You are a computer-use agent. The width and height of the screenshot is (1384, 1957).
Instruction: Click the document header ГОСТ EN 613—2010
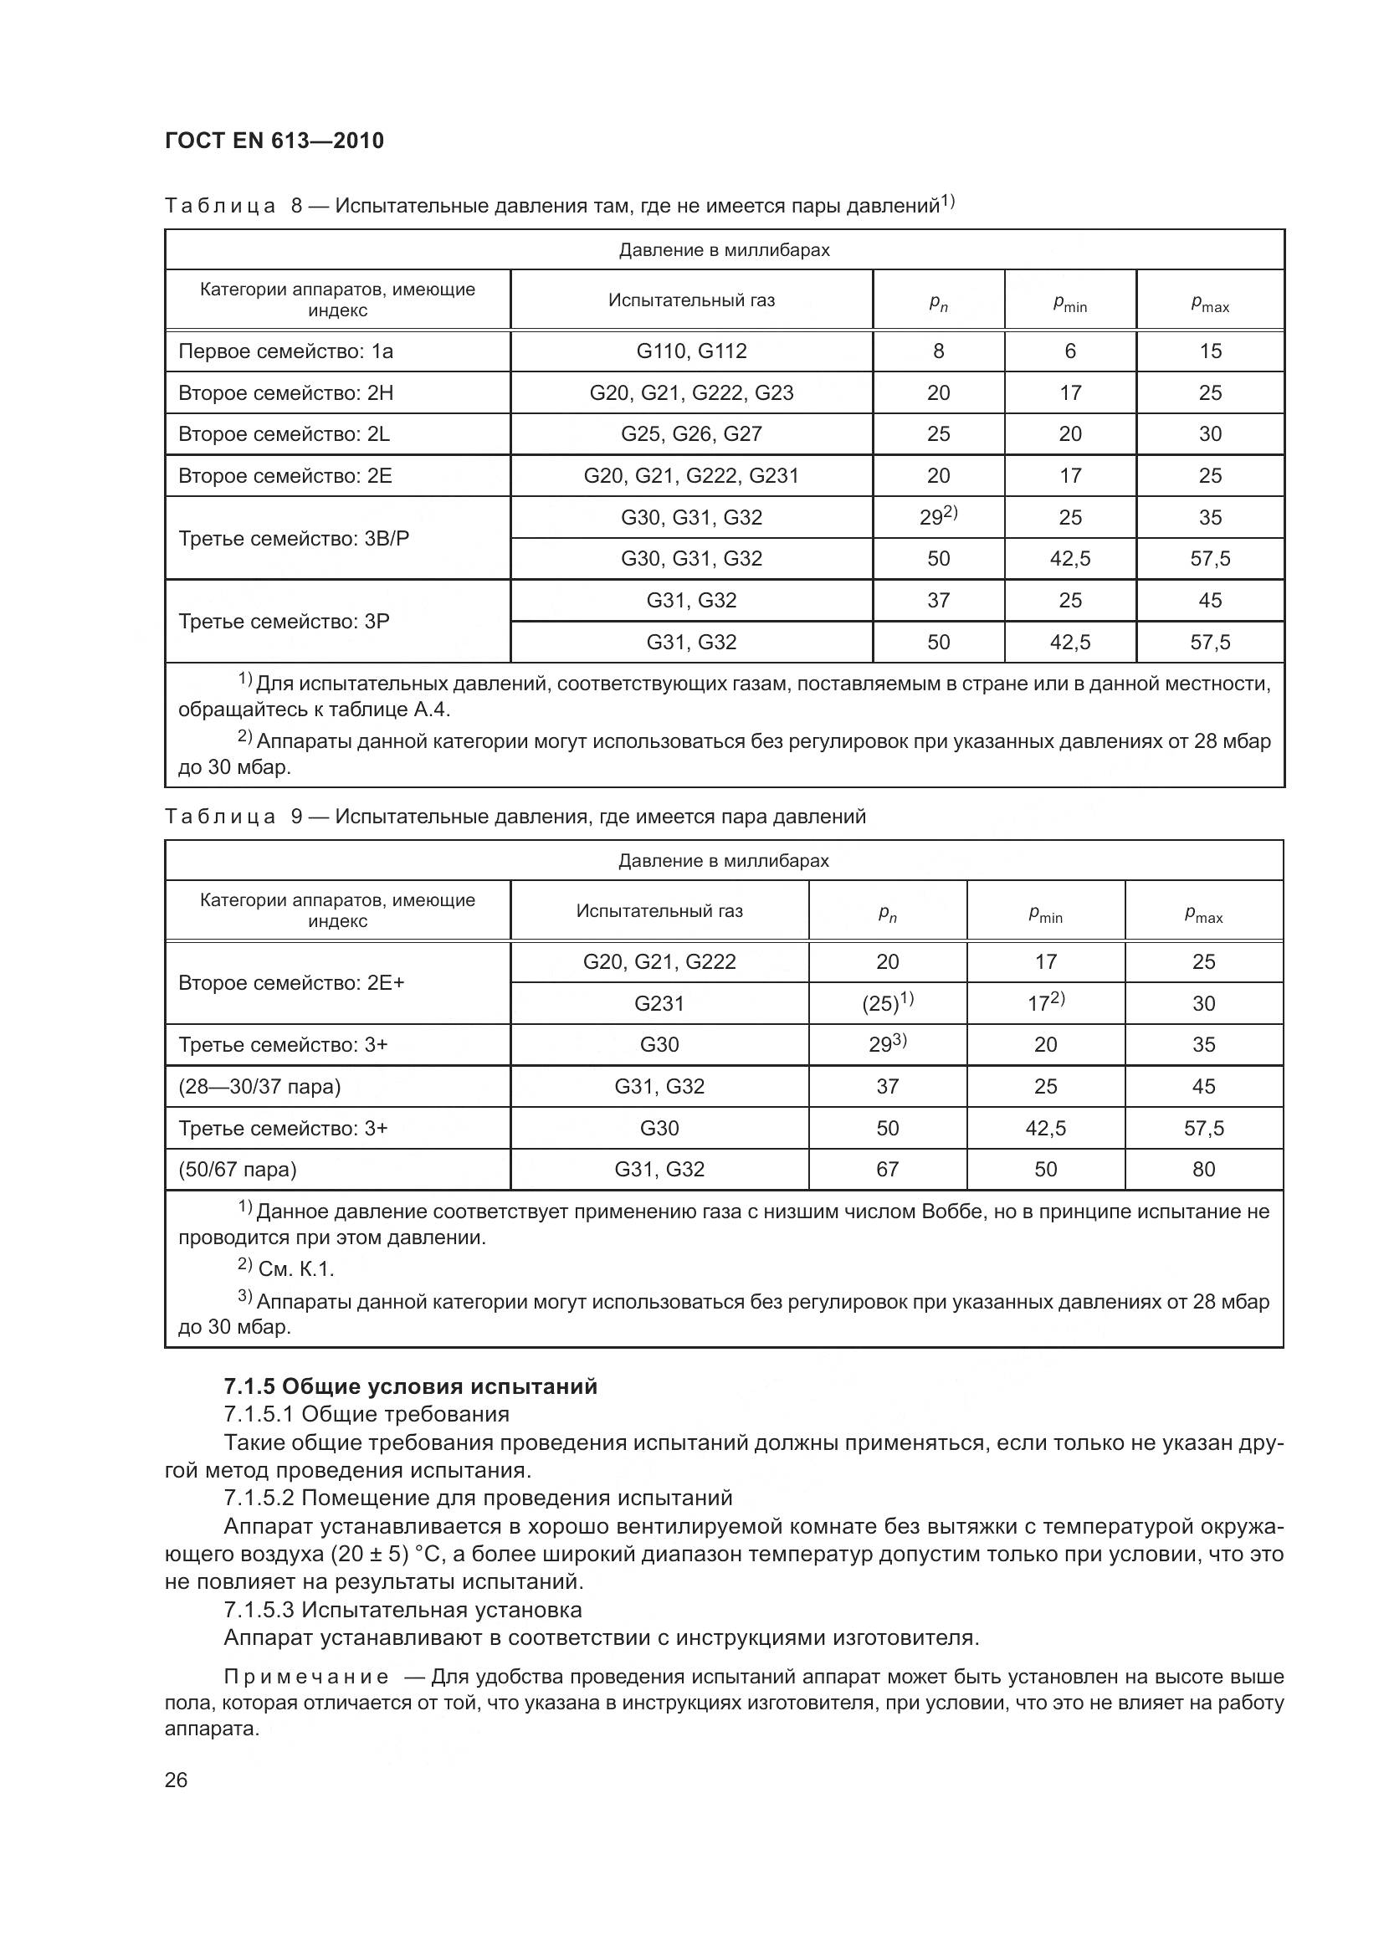(274, 141)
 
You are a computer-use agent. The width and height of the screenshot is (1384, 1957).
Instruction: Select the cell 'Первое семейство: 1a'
(285, 351)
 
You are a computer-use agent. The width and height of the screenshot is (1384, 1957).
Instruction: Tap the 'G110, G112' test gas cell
(691, 351)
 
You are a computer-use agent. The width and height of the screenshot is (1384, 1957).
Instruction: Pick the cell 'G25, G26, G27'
(691, 434)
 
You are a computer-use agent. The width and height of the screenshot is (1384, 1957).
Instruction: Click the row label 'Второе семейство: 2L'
(284, 434)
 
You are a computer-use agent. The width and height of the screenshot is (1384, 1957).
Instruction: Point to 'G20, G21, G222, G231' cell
(691, 475)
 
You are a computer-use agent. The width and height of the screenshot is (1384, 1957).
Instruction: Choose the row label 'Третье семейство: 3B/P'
(293, 539)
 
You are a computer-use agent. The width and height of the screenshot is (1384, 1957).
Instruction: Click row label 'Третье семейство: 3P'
(284, 622)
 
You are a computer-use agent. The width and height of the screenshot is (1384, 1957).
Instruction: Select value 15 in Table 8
(1210, 351)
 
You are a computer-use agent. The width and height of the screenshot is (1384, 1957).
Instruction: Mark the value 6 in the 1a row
(1070, 351)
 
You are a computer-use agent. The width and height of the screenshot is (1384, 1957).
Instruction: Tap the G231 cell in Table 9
(659, 1003)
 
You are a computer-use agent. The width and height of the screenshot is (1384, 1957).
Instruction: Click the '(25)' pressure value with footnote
(887, 1003)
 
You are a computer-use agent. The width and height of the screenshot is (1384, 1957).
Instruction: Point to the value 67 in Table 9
(887, 1170)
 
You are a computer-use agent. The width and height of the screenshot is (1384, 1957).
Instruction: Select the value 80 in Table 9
(1203, 1170)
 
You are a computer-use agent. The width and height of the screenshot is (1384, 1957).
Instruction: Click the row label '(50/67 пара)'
(237, 1170)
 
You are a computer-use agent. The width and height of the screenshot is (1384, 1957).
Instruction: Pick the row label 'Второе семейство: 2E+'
(291, 983)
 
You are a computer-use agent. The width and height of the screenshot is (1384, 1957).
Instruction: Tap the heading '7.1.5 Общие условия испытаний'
(410, 1386)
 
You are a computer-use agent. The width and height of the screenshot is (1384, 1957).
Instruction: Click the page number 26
(177, 1780)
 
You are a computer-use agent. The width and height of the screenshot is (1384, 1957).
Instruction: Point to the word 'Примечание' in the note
(306, 1678)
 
